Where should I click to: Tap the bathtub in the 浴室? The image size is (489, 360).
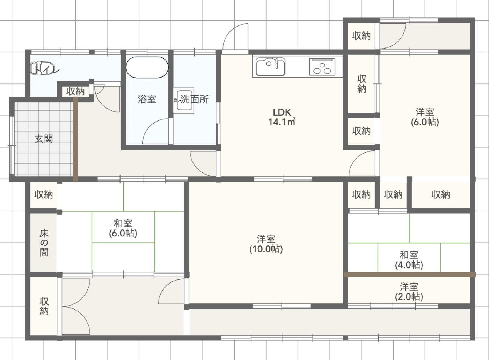point(147,67)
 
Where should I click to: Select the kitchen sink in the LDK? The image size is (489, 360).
point(271,66)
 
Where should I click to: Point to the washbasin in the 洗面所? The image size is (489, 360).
point(184,100)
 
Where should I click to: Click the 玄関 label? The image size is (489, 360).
point(44,139)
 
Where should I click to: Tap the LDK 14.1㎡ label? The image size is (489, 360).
point(282,117)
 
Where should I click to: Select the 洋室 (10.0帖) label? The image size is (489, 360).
point(266,244)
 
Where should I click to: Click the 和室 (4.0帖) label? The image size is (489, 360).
point(409,260)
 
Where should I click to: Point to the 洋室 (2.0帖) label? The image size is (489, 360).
point(409,292)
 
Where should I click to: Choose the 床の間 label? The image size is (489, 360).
point(44,243)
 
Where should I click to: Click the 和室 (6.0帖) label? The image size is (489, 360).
point(123,228)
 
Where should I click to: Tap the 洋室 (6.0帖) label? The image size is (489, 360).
point(425,117)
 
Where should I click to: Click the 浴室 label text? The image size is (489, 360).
point(147,99)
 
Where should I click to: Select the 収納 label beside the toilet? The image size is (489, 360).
point(75,91)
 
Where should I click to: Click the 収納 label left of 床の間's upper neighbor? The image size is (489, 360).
point(44,194)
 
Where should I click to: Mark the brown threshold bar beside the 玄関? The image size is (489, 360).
point(75,139)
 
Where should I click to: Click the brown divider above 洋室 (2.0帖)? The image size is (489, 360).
point(410,274)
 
